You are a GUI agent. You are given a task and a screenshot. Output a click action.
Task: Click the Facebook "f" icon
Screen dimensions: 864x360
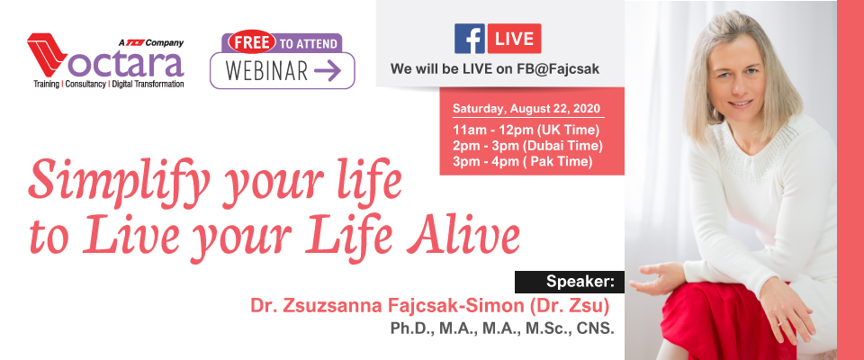pos(470,39)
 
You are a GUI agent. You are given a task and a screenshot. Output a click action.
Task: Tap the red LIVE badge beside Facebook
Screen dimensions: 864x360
pos(514,39)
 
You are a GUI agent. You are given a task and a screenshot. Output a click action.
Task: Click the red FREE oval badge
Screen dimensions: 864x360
pos(252,41)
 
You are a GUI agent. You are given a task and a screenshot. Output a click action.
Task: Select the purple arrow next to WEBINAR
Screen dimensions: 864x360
pos(328,71)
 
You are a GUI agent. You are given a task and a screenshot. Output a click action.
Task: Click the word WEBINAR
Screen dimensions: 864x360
pos(266,72)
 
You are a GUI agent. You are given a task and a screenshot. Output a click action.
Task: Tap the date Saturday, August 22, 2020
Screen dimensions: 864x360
pos(526,108)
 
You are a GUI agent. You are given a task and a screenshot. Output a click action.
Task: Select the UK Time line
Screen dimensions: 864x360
pos(526,130)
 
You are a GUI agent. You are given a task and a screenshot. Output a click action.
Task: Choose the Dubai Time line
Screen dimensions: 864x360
pos(528,146)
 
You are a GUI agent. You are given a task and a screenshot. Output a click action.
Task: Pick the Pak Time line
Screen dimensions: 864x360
pos(522,161)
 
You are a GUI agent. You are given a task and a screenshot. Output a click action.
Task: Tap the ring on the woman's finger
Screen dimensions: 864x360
pos(781,322)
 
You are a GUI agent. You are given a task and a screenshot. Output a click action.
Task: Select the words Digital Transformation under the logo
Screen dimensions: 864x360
pos(148,85)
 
